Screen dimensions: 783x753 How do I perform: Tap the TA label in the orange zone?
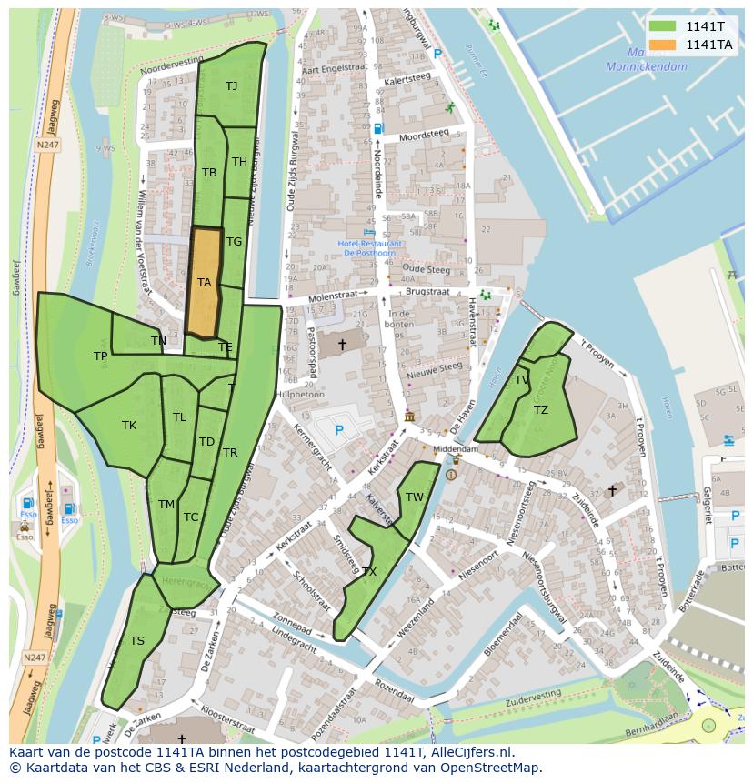pos(205,283)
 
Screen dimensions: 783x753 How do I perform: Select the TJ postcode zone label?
pos(231,86)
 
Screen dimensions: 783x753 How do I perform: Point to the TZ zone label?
pos(541,410)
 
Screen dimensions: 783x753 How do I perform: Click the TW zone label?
pos(415,497)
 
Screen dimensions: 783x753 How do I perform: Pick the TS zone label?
pos(136,641)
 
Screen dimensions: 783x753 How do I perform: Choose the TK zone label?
pos(129,425)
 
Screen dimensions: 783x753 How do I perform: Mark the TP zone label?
pos(100,356)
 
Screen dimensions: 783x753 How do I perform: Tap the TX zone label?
pos(369,572)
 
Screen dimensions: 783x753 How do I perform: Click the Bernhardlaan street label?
pos(650,719)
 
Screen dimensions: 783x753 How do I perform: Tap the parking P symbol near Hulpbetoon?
pos(339,429)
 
